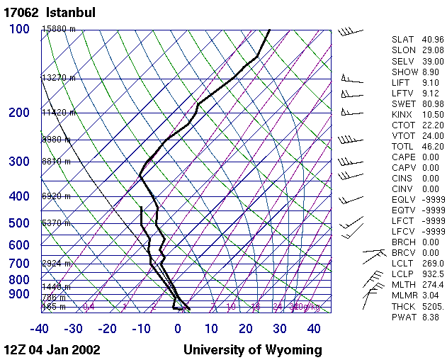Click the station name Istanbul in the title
click(x=71, y=13)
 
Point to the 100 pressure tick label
click(x=20, y=29)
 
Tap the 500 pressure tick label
click(x=20, y=223)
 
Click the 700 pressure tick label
click(x=20, y=264)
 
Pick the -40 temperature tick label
click(x=40, y=329)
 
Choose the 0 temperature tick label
click(x=178, y=329)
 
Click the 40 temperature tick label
click(x=315, y=329)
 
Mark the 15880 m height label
click(x=58, y=29)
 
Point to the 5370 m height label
click(x=57, y=223)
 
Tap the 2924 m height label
click(x=57, y=264)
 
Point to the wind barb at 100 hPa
click(x=350, y=32)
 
